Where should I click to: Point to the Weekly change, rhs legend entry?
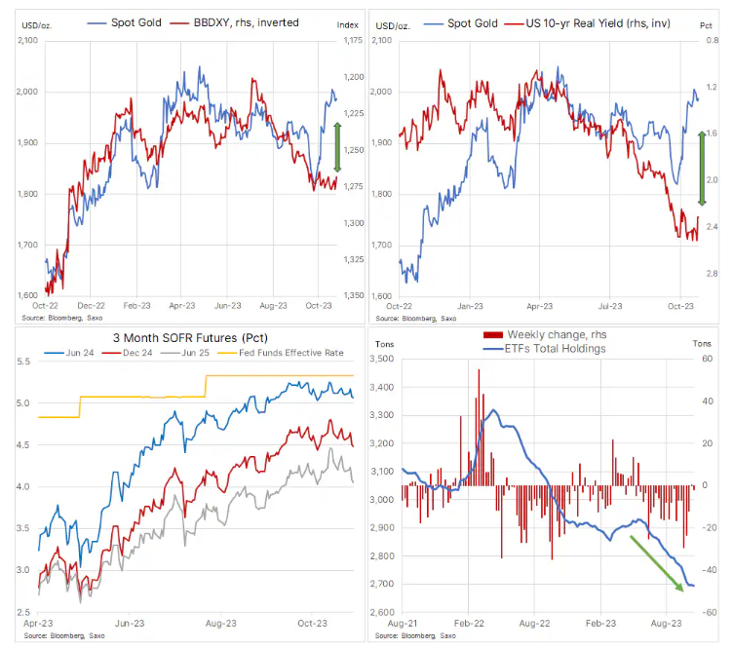(x=556, y=334)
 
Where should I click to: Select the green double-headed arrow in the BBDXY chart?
(x=337, y=147)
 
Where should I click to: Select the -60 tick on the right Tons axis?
(x=713, y=612)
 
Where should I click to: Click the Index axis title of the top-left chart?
(x=348, y=21)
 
